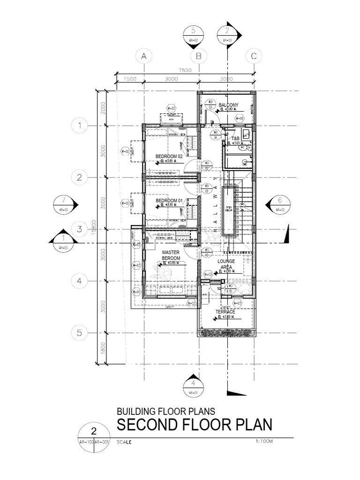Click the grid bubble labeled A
pyautogui.click(x=144, y=56)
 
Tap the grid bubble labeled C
pyautogui.click(x=254, y=56)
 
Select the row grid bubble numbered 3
pyautogui.click(x=80, y=229)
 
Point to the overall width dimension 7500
pyautogui.click(x=186, y=70)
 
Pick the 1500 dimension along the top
pyautogui.click(x=130, y=79)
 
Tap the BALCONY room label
pyautogui.click(x=229, y=105)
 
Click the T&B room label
pyautogui.click(x=235, y=139)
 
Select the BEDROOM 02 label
pyautogui.click(x=169, y=156)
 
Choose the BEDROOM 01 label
pyautogui.click(x=169, y=200)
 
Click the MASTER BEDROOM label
pyautogui.click(x=171, y=255)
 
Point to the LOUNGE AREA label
pyautogui.click(x=226, y=264)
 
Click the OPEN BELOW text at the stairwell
pyautogui.click(x=229, y=210)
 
